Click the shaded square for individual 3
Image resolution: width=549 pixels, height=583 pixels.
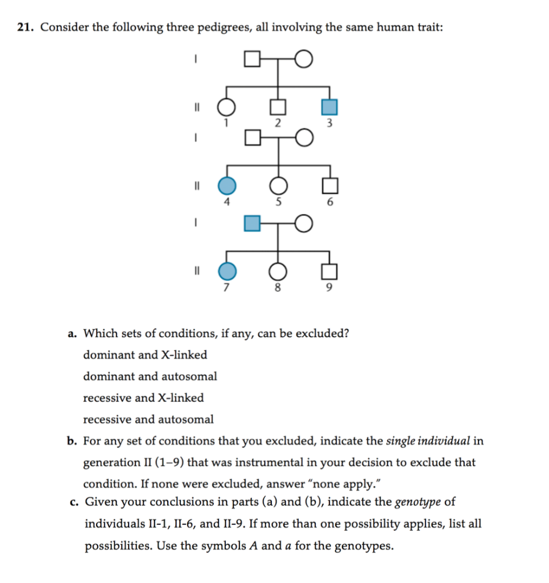tap(330, 106)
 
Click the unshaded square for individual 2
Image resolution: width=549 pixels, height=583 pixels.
tap(278, 106)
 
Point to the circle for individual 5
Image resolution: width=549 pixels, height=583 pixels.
tap(278, 186)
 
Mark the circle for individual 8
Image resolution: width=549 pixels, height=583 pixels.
tap(278, 272)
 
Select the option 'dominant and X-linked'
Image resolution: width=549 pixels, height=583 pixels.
tap(145, 355)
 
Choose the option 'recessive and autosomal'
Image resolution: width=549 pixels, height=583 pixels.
tap(148, 420)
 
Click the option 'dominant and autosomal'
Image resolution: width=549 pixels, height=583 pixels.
tap(150, 376)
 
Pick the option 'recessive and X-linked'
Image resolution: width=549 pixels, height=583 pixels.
tap(143, 398)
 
